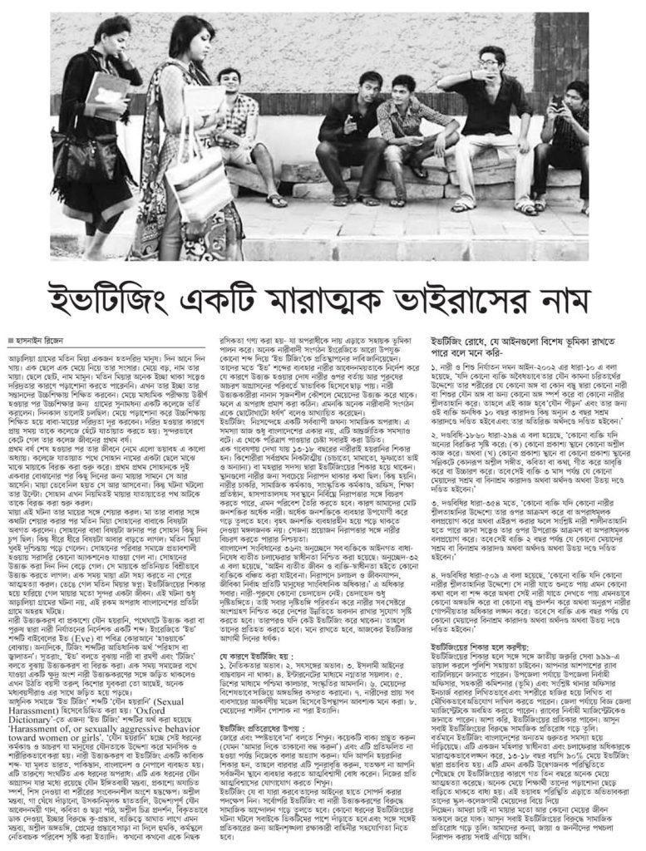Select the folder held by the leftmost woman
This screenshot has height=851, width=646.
click(106, 97)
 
